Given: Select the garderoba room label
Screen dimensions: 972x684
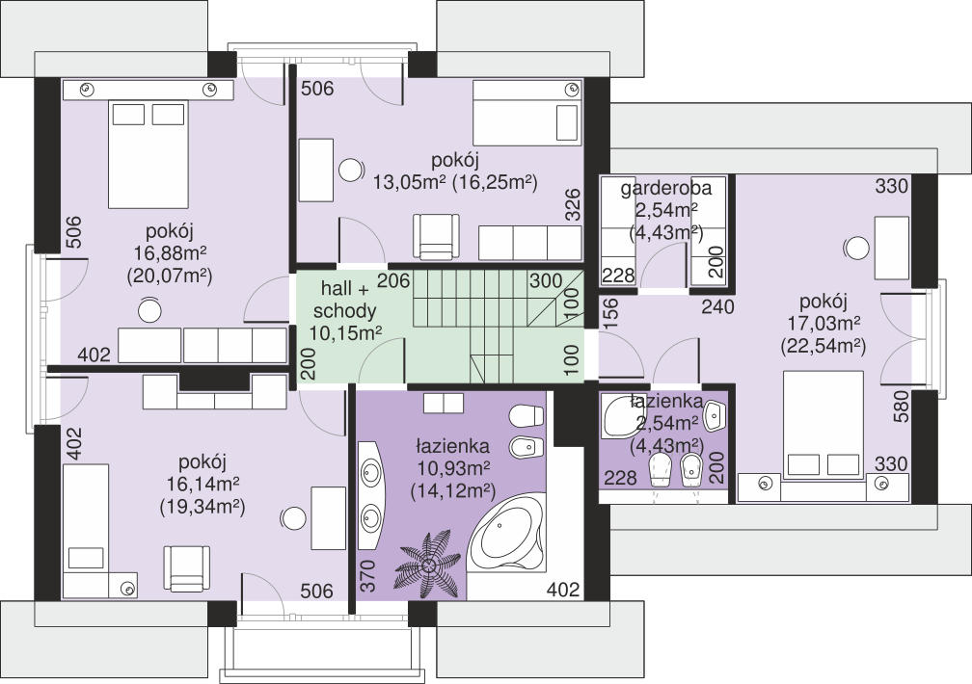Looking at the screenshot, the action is [665, 188].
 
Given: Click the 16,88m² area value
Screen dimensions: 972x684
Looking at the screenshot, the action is [170, 253].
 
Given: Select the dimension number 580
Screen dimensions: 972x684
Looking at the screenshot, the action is [902, 407].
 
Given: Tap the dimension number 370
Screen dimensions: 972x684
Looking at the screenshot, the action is [368, 576].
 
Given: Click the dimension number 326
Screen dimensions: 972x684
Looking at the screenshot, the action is [574, 204].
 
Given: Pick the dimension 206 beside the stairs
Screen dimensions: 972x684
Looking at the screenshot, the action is [394, 281].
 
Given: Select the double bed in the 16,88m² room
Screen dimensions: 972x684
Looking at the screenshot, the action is [148, 155].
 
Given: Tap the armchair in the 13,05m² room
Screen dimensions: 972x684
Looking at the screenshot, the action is [437, 237].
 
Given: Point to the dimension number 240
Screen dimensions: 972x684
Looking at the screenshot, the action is [717, 306].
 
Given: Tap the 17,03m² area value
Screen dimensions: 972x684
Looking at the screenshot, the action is [823, 323].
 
